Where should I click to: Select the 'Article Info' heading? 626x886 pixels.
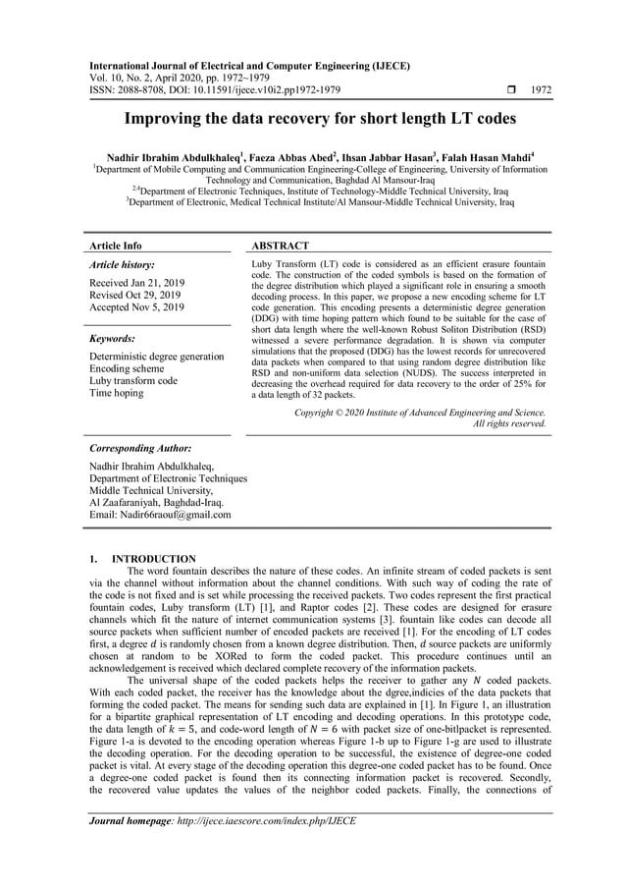tap(116, 246)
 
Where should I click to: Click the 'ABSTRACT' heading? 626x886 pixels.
tap(282, 246)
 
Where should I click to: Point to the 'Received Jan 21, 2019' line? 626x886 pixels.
tap(136, 283)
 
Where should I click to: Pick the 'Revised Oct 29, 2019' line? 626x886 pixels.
tap(134, 295)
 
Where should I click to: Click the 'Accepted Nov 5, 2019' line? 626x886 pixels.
tap(136, 307)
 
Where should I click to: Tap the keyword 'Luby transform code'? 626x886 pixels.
tap(133, 380)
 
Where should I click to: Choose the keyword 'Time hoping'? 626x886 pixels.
tap(116, 393)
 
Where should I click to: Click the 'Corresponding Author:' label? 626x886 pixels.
tap(139, 447)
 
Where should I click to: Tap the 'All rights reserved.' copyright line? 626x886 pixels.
tap(509, 423)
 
